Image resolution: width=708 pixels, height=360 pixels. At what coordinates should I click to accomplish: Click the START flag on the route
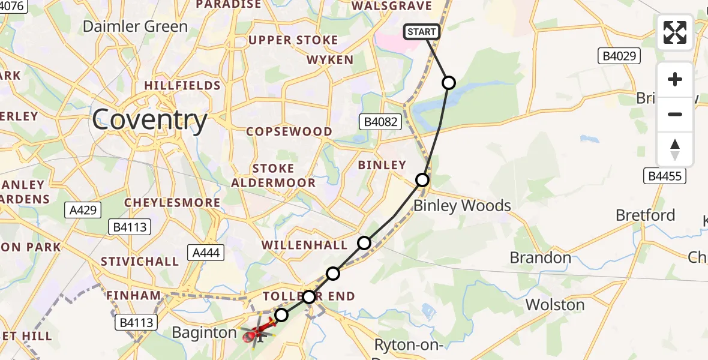pos(422,32)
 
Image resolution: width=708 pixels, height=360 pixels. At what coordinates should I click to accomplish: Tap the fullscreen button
pos(675,32)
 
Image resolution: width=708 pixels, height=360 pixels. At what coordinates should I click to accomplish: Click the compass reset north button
pos(675,149)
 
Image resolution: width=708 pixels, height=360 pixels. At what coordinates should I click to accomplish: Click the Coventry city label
pos(150,120)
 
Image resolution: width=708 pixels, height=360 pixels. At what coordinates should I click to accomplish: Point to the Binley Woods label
pos(462,206)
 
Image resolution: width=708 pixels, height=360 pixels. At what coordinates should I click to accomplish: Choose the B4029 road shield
pos(619,56)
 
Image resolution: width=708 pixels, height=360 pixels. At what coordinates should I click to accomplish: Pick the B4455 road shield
pos(665,176)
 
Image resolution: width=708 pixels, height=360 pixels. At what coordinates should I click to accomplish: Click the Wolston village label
pos(555,305)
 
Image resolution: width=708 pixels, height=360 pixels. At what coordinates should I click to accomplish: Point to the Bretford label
pos(646,215)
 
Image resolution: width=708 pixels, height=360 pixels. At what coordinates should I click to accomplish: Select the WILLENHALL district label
pos(304,245)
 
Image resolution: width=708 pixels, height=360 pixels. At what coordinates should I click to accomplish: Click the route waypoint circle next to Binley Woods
pos(422,180)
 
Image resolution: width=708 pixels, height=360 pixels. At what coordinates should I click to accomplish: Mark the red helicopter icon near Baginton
pos(252,336)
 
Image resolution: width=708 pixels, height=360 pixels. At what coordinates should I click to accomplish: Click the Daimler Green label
pos(135,26)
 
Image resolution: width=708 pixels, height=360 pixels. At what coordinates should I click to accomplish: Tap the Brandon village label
pos(540,258)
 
